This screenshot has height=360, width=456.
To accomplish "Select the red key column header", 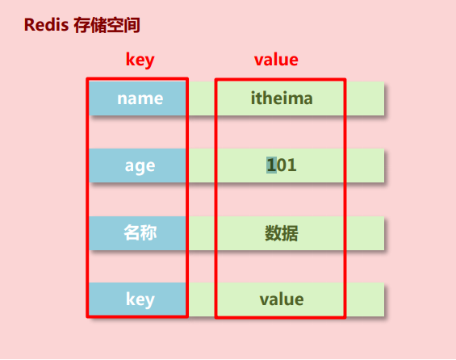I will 140,60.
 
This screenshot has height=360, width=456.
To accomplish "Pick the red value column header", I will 276,60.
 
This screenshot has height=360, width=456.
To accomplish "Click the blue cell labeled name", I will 140,98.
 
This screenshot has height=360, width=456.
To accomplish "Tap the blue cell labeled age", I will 140,165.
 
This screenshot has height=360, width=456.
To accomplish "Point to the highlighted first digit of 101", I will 271,165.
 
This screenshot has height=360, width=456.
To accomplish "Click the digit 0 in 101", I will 282,165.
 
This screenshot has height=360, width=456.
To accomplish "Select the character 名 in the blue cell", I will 131,233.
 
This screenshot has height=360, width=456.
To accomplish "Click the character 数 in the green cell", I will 273,233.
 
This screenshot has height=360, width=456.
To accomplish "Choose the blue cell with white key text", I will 140,299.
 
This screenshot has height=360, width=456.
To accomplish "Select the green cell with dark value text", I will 282,299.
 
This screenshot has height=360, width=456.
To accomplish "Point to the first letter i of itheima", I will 253,98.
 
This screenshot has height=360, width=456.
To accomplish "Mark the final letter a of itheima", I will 307,99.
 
